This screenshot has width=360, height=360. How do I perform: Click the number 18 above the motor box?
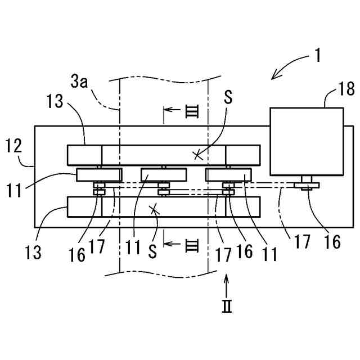(331, 88)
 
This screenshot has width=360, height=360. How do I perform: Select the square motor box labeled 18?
(307, 141)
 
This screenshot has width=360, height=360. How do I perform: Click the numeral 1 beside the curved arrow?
(318, 56)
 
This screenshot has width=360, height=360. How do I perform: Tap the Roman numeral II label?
(226, 307)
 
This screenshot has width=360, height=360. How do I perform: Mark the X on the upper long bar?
(197, 155)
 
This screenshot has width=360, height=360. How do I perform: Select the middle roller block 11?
(163, 175)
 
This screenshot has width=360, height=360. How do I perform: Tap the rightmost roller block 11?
(228, 175)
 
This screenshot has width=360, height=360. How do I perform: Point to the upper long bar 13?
(164, 154)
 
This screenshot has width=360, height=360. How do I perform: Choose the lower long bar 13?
(164, 206)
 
